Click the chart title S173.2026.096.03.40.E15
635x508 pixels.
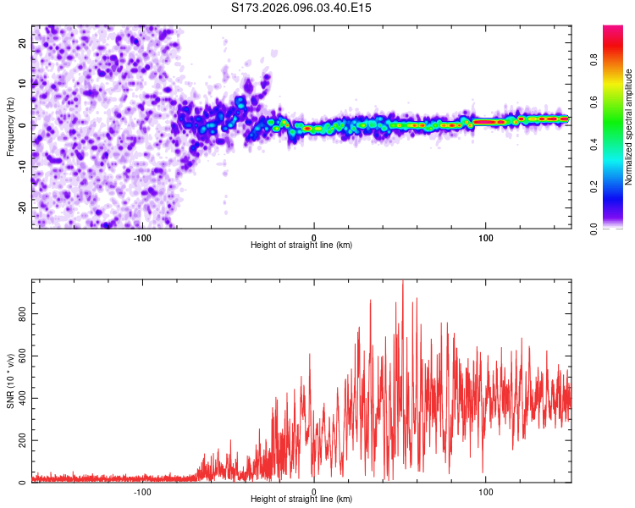pyautogui.click(x=302, y=8)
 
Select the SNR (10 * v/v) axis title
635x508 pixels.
pyautogui.click(x=10, y=381)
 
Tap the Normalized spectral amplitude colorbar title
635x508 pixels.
pyautogui.click(x=629, y=127)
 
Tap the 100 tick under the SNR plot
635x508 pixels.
pyautogui.click(x=486, y=492)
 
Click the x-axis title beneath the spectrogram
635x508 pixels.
pyautogui.click(x=301, y=246)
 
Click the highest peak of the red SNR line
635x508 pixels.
pyautogui.click(x=402, y=282)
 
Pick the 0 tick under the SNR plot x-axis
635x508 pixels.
pyautogui.click(x=314, y=492)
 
